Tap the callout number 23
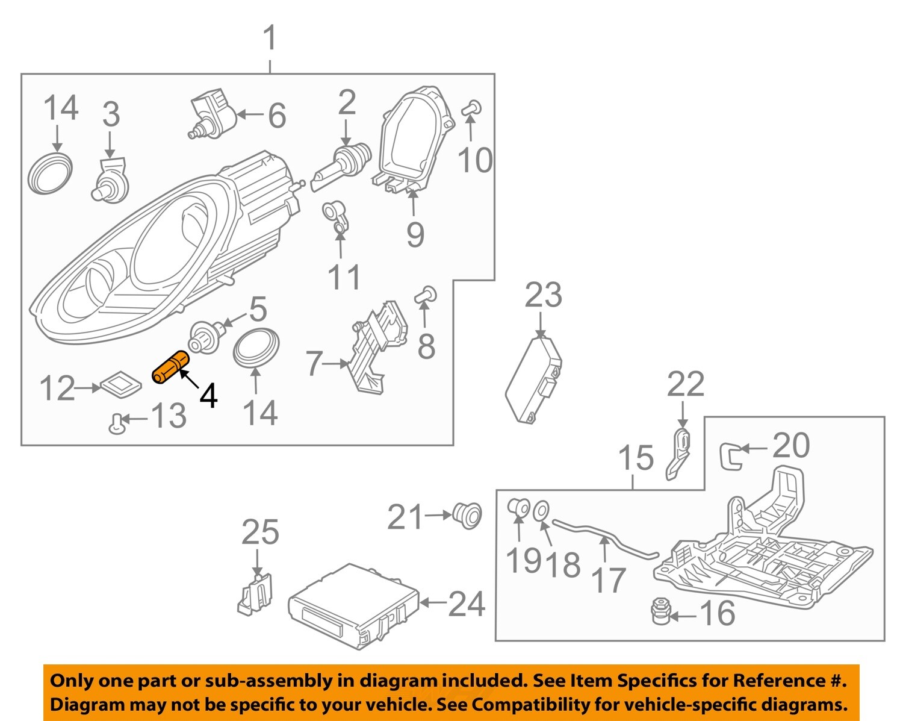543,295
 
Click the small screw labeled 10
471,108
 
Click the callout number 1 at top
270,37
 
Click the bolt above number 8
426,295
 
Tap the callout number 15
636,458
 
